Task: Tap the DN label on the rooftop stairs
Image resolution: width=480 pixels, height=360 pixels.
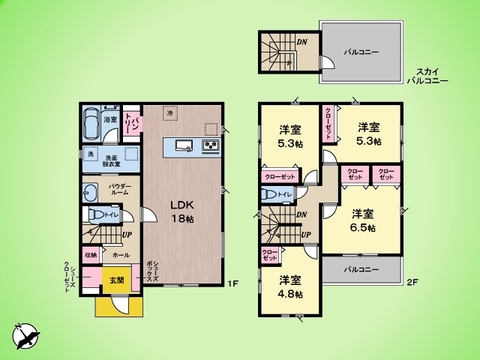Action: point(301,41)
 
